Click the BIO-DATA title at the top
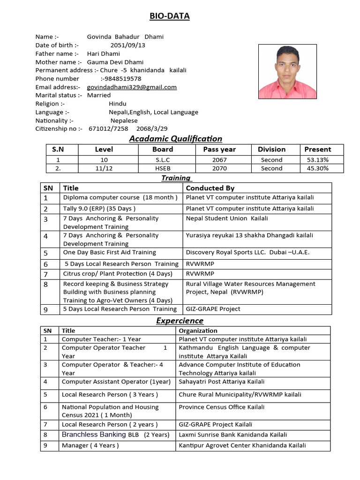pos(169,16)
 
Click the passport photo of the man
pos(287,72)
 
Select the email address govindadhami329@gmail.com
pos(132,87)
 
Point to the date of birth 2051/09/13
pos(127,45)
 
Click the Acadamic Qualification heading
pos(175,138)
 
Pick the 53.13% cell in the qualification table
pos(317,160)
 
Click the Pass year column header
pos(219,150)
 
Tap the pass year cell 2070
pos(219,168)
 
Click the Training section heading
pos(176,178)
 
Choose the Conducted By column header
pos(210,188)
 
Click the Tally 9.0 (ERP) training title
pos(99,209)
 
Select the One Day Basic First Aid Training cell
pos(109,252)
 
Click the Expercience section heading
pos(180,321)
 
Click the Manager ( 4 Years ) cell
pos(90,445)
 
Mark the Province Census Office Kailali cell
pos(221,407)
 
